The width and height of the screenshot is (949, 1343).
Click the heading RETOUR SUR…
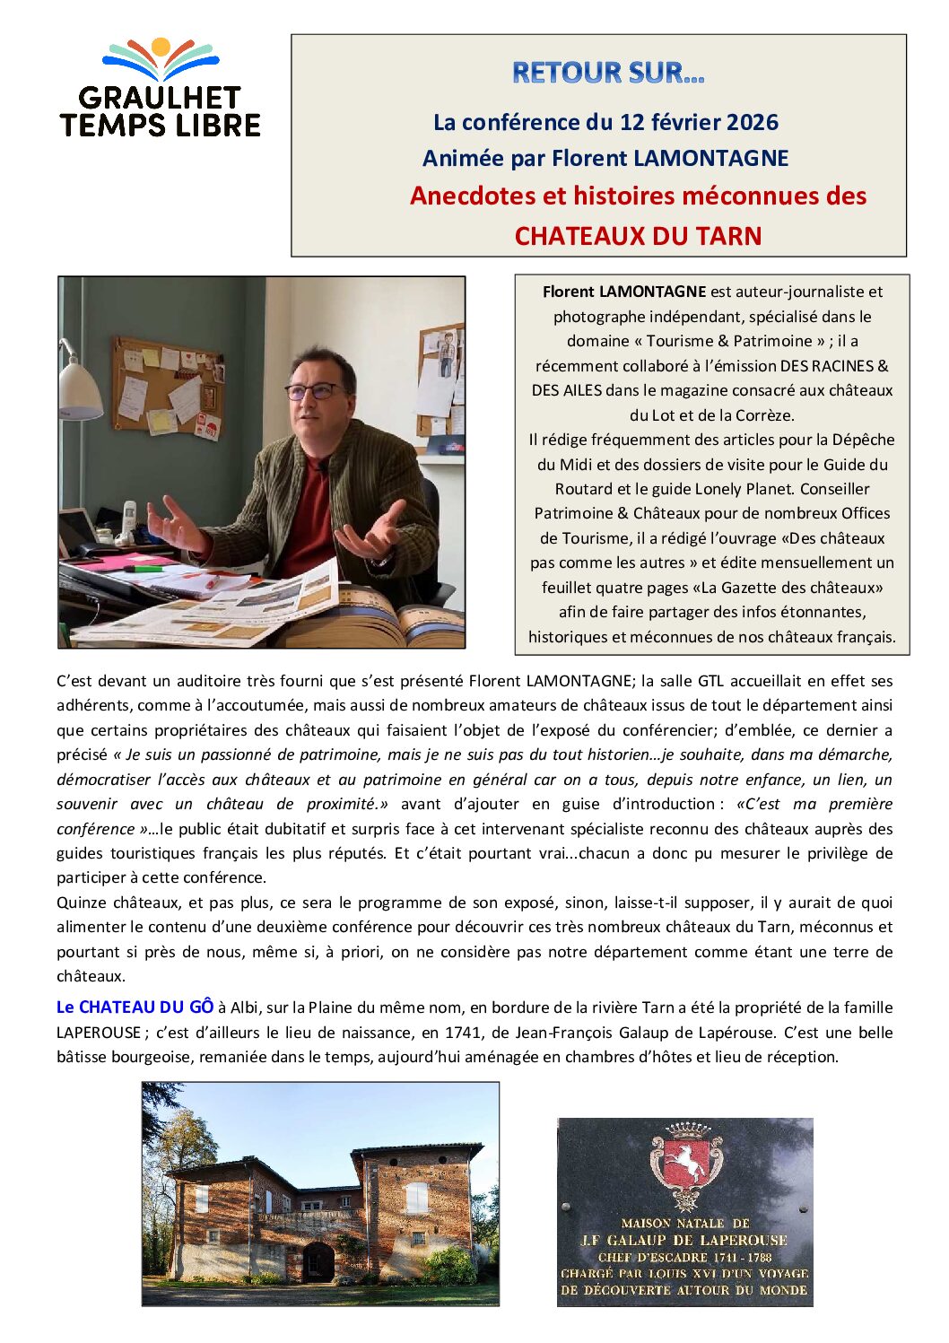coord(607,73)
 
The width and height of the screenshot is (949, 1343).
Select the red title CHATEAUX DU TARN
coord(638,236)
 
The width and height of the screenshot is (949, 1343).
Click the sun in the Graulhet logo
coord(161,47)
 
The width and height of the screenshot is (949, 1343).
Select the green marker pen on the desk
coord(143,568)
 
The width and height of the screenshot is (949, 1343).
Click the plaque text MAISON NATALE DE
coord(684,1223)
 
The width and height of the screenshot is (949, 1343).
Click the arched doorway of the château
coord(318,1261)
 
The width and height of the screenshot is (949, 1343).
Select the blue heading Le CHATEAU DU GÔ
coord(135,1007)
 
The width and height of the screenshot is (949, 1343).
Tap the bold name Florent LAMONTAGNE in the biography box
coord(624,292)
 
